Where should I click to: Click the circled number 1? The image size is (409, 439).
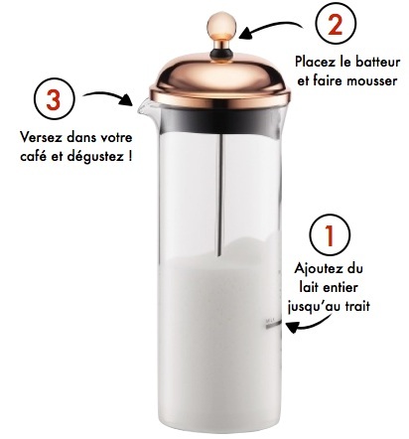(x=330, y=234)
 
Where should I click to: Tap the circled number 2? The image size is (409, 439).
(x=336, y=24)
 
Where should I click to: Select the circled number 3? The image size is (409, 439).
(x=54, y=98)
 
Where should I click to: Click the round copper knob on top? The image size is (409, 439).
(x=221, y=26)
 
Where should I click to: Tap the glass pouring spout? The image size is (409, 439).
(x=145, y=106)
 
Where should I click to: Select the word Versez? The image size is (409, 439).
(x=41, y=137)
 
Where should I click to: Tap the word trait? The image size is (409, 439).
(x=357, y=306)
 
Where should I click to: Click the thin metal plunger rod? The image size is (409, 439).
(x=220, y=195)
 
